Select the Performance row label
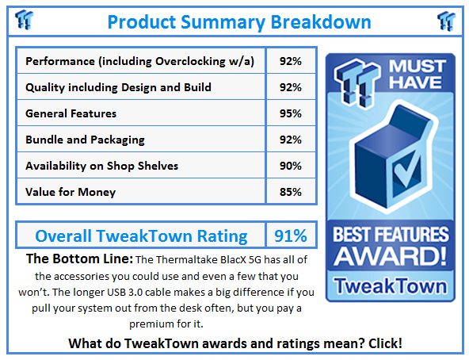tap(139, 61)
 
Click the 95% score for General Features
tap(290, 113)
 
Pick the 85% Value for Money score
tap(290, 191)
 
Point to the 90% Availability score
tap(290, 165)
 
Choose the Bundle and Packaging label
tap(85, 140)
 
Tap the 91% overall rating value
tap(290, 236)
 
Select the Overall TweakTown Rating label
tap(142, 236)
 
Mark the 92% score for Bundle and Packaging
tap(290, 140)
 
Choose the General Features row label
tap(71, 113)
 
